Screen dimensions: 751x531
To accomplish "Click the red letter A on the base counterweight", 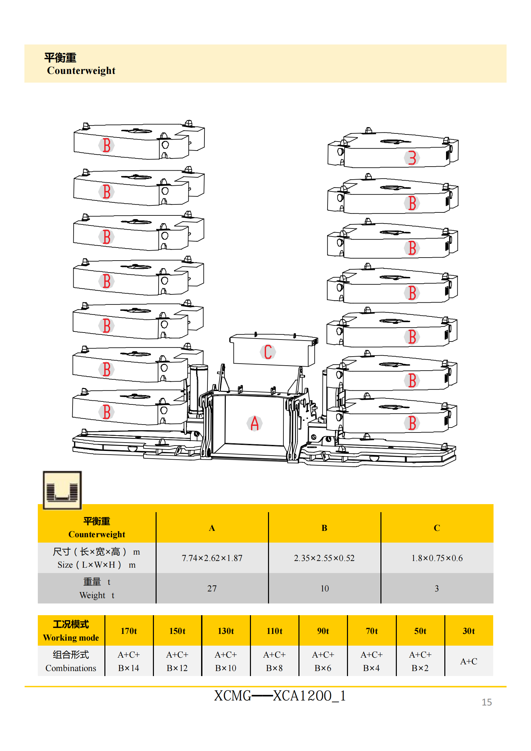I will tap(255, 423).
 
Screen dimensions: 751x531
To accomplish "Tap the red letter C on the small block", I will tap(268, 352).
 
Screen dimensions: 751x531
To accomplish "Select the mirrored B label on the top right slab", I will tap(412, 158).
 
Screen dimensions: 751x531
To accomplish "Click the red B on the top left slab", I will tap(106, 145).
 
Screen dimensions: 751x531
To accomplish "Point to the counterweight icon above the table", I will tap(62, 490).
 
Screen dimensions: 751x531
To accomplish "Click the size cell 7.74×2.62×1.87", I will tap(212, 558).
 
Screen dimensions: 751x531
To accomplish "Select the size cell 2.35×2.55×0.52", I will tap(324, 558).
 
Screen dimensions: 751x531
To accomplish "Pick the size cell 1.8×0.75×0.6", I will tap(437, 558).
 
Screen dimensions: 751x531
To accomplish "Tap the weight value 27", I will tap(212, 588).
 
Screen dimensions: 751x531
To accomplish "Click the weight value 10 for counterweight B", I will tap(324, 588).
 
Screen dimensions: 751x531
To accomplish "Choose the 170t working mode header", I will tap(129, 631).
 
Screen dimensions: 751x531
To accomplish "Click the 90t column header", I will tap(323, 631).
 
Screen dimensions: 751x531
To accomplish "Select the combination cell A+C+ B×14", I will tap(129, 661).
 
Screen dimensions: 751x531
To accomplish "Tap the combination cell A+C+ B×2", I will tap(420, 661).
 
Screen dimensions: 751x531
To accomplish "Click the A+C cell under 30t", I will tap(468, 661).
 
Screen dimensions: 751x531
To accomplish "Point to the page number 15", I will tap(486, 702).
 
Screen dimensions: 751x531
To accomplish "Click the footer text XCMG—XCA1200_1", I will tap(280, 696).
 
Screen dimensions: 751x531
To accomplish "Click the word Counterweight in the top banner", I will tap(81, 71).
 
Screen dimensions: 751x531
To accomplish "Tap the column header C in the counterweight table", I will tap(437, 528).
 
